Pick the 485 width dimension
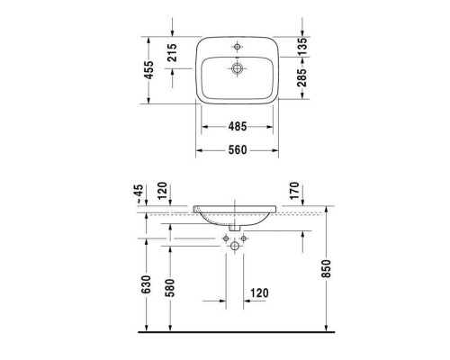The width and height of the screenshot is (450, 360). tap(238, 127)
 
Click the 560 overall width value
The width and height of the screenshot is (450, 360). tap(238, 149)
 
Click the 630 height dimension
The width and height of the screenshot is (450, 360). tap(138, 287)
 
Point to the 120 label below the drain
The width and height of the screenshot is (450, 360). tap(259, 293)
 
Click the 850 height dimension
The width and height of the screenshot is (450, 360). tap(326, 270)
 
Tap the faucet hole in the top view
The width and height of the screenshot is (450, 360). tap(238, 45)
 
